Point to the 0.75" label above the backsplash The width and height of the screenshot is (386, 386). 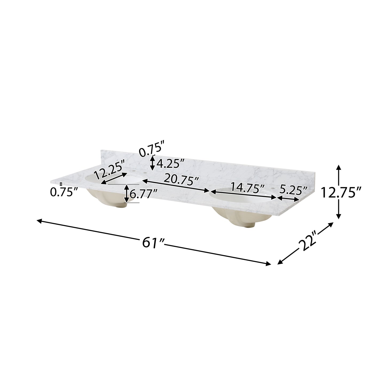point(151,150)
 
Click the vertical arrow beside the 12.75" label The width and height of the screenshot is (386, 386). point(338,192)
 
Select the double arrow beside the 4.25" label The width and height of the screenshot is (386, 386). point(152,163)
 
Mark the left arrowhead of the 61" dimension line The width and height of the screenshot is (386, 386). point(39,220)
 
